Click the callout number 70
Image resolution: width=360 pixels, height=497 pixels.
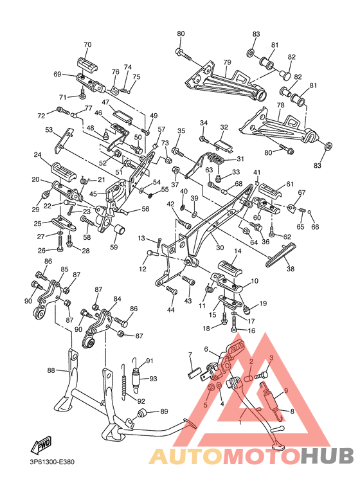pyautogui.click(x=87, y=45)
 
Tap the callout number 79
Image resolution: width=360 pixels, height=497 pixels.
pyautogui.click(x=227, y=62)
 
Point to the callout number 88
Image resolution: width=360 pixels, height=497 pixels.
pyautogui.click(x=51, y=370)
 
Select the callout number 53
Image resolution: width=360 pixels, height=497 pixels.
pyautogui.click(x=49, y=130)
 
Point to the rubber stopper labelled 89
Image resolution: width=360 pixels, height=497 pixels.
pyautogui.click(x=143, y=413)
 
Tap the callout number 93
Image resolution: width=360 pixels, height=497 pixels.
pyautogui.click(x=153, y=379)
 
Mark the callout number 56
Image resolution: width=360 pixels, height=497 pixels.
pyautogui.click(x=145, y=209)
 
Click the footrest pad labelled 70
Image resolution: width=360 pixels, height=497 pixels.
pyautogui.click(x=87, y=64)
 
